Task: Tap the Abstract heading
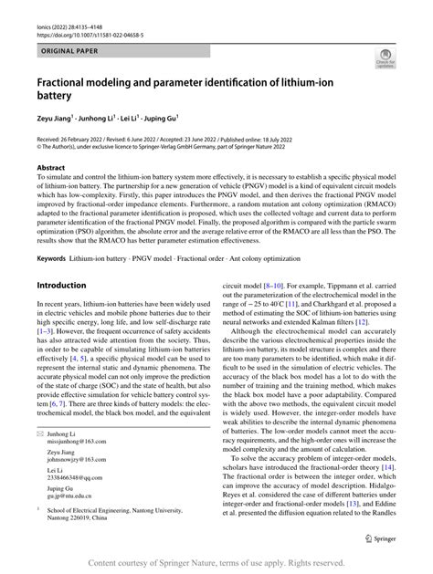pyautogui.click(x=51, y=168)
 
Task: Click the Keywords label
pyautogui.click(x=52, y=259)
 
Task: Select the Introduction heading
pyautogui.click(x=61, y=285)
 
